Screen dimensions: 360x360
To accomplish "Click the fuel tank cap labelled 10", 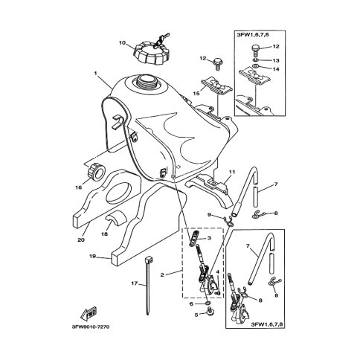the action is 151,54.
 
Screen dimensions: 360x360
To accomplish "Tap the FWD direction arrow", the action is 89,313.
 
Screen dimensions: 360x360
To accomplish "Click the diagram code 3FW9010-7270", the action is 91,327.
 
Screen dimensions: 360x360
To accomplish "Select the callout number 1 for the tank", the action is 95,74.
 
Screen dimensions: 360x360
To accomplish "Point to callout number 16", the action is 78,187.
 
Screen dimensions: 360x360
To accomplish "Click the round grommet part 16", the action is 97,171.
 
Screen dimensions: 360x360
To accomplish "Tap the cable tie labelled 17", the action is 148,286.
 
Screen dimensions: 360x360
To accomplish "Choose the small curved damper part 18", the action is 117,216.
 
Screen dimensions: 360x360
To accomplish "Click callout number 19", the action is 93,257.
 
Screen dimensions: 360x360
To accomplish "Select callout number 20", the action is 81,240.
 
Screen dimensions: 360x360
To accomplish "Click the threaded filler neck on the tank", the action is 146,84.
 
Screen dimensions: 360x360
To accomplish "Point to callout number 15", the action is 196,94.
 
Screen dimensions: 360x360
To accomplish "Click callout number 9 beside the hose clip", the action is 209,215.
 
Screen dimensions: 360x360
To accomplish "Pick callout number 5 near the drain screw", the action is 196,315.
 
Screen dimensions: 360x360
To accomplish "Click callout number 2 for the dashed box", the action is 162,274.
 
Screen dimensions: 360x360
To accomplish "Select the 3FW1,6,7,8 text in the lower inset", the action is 266,324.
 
